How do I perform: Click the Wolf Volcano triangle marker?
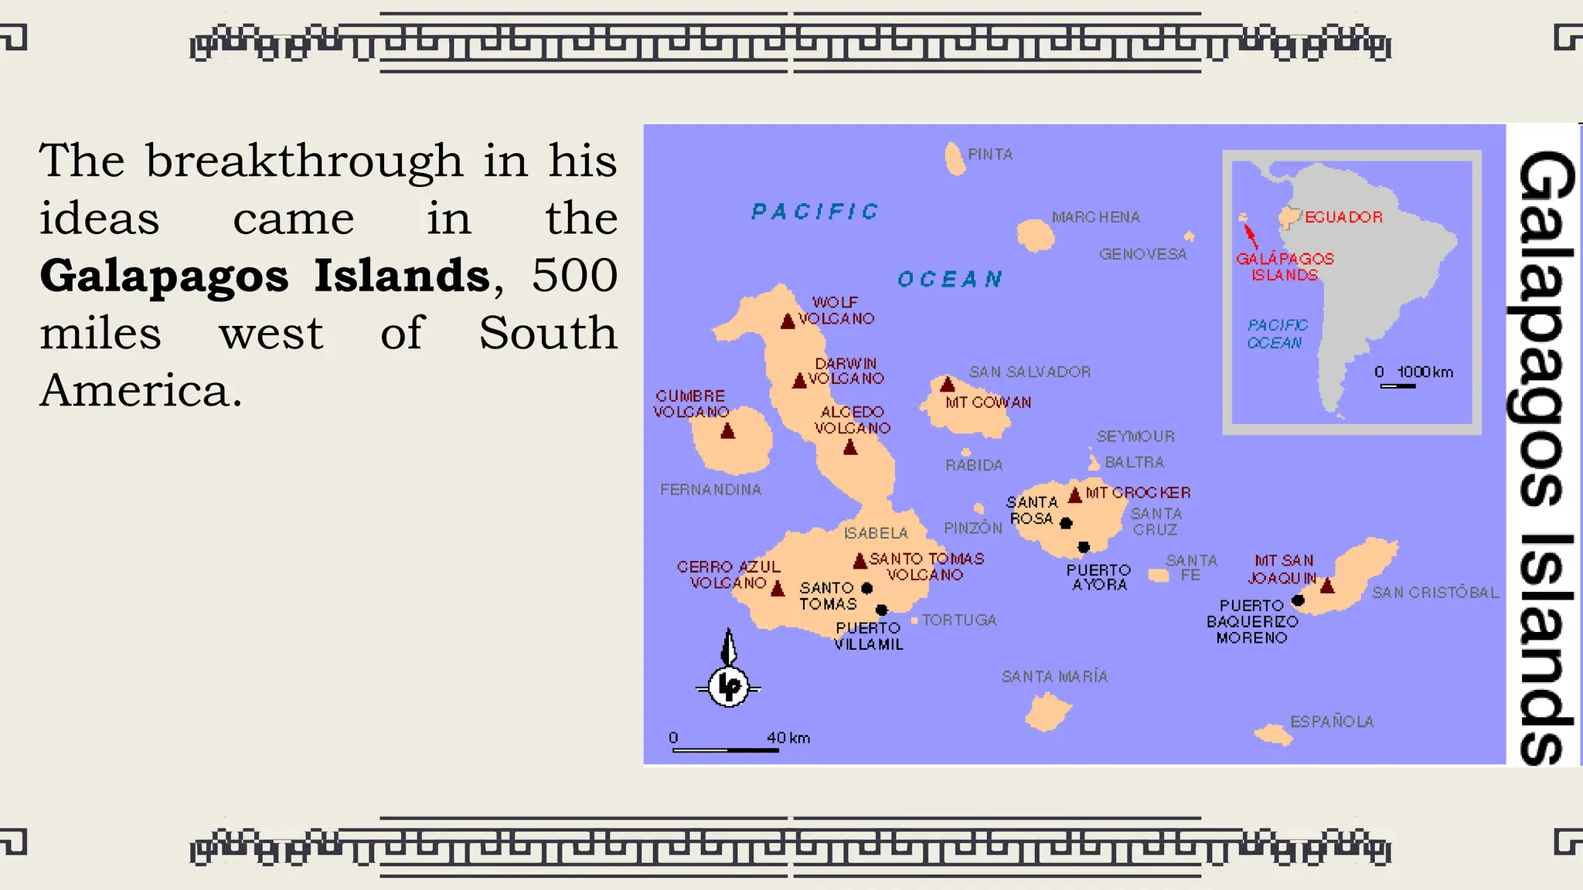[788, 321]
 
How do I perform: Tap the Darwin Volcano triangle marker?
[800, 381]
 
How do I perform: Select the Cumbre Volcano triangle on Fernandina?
[727, 431]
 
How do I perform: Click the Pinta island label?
[990, 155]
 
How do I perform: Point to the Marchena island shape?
[1035, 235]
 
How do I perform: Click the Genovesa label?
[1142, 254]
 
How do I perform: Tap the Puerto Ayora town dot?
[1084, 547]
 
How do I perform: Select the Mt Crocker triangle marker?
[1074, 495]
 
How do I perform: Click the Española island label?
[1332, 722]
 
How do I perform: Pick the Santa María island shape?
[1047, 712]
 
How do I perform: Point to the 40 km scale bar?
[725, 749]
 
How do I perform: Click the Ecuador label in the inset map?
[1343, 217]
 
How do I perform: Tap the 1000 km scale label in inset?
[1424, 372]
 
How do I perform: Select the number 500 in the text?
[574, 275]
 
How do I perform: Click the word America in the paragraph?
[141, 390]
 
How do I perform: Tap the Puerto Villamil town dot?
[881, 610]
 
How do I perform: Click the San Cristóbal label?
[1435, 593]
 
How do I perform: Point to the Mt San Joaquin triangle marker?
[1327, 586]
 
